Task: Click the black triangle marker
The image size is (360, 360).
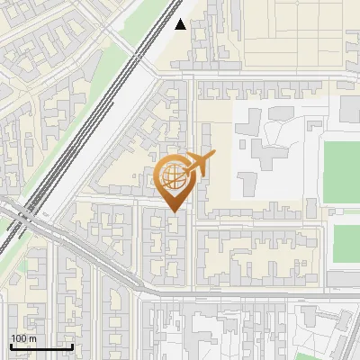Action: [x=181, y=24]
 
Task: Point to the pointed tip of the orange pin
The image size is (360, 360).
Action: [x=175, y=211]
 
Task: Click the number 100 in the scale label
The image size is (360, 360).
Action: [x=19, y=338]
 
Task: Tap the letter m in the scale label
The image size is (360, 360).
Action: [x=32, y=338]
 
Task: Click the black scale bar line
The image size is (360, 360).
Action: [x=41, y=346]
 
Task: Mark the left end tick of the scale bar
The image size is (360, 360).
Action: [x=11, y=345]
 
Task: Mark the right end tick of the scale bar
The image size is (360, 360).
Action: [x=72, y=345]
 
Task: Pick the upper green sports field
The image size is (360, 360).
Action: [x=342, y=171]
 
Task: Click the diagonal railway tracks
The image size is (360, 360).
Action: [x=99, y=117]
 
